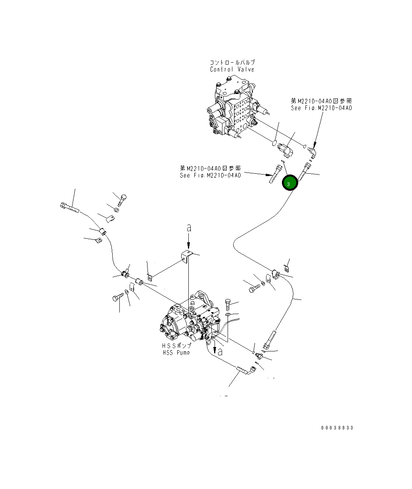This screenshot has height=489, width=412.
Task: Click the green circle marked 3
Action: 289,184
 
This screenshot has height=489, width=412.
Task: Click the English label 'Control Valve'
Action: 232,69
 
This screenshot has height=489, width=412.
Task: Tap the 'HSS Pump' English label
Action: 176,353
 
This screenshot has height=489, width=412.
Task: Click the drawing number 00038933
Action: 337,428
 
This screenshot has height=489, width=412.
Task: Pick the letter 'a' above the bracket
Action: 189,228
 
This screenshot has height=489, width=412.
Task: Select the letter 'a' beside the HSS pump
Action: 220,351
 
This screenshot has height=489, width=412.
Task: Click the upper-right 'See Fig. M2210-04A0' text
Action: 321,108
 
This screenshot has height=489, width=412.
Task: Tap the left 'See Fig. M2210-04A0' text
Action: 210,175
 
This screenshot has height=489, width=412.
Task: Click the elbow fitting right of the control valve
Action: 312,151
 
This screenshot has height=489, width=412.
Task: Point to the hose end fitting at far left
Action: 70,207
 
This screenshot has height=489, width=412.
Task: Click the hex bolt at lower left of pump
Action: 118,298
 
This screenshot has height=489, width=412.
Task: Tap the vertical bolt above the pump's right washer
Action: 228,305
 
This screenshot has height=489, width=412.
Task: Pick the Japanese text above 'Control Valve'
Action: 232,63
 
